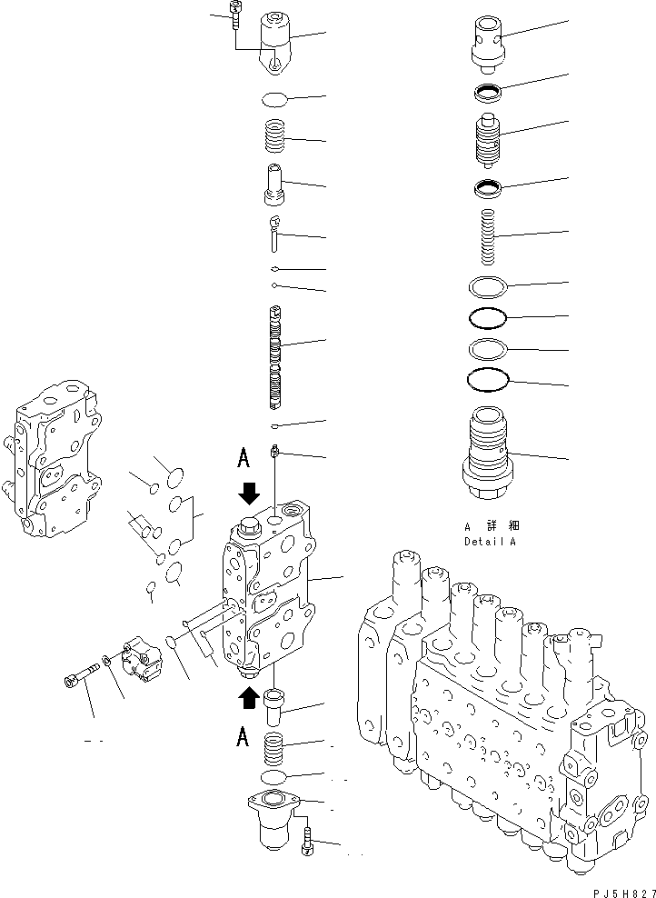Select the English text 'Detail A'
point(490,542)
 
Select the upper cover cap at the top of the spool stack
point(276,40)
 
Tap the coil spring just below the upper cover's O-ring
point(276,137)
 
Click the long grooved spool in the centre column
point(276,354)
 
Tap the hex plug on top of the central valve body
point(246,526)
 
